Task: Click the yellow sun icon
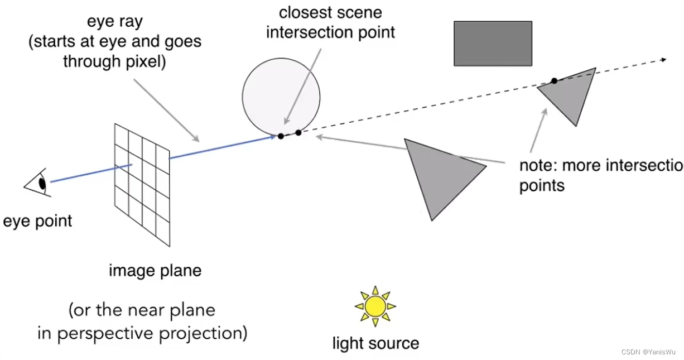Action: (375, 306)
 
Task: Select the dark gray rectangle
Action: (493, 44)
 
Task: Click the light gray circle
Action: (281, 95)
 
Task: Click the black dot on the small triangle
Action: (554, 81)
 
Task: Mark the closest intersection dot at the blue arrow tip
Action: (281, 136)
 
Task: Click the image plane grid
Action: (142, 184)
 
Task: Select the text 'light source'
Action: (375, 343)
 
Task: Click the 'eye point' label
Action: (37, 221)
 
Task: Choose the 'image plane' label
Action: (155, 271)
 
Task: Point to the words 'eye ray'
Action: (114, 22)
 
